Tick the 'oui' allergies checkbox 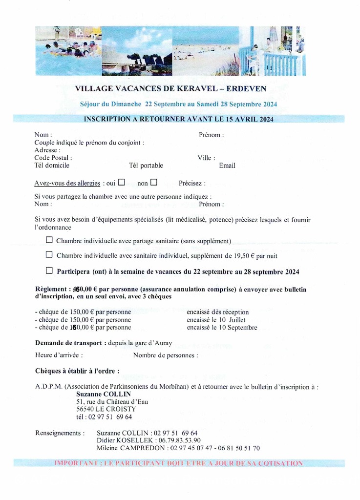coord(122,183)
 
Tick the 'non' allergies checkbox coord(154,183)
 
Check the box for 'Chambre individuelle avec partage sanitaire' coord(49,240)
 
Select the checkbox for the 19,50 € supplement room coord(49,255)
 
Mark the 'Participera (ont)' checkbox coord(49,271)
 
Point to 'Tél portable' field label coord(146,166)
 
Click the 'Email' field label coord(227,166)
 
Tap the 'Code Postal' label coord(53,158)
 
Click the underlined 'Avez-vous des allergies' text coord(67,184)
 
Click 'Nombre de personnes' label coord(165,355)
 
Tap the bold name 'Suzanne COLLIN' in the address coord(104,394)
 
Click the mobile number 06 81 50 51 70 coord(239,448)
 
